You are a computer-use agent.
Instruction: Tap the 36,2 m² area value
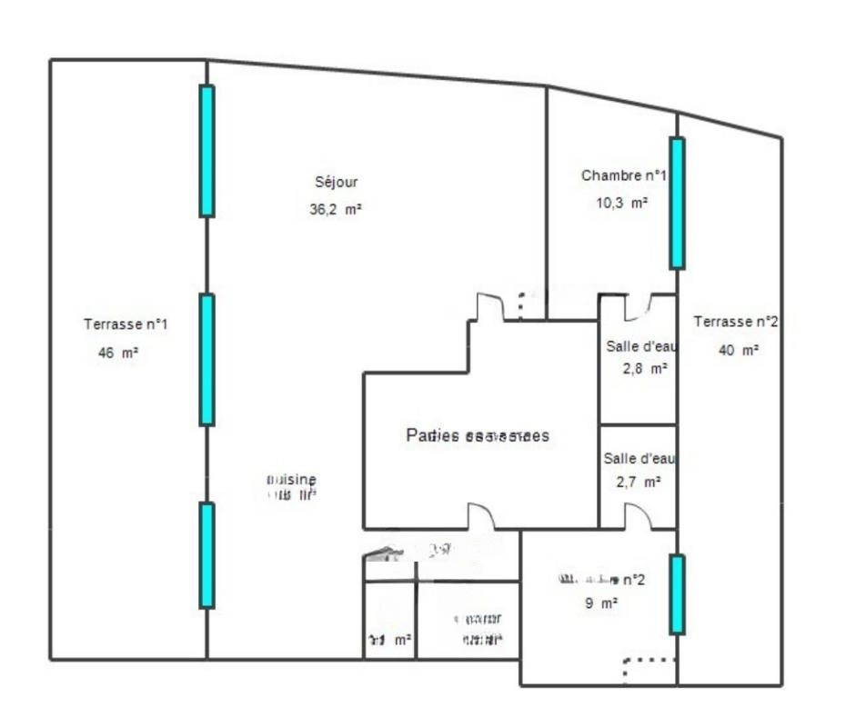click(x=336, y=208)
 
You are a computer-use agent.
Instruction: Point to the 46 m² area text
click(x=118, y=354)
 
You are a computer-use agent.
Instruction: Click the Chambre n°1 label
click(x=624, y=175)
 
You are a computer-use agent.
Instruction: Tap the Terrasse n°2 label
click(x=735, y=322)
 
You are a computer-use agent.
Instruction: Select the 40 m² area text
click(x=739, y=350)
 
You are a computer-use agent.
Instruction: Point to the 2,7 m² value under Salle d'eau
click(x=638, y=483)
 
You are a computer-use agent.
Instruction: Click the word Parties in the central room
click(x=432, y=435)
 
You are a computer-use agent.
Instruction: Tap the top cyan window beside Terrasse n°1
click(x=207, y=151)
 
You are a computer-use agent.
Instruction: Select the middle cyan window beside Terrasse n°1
click(x=207, y=360)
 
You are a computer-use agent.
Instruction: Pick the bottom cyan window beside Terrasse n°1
click(x=207, y=555)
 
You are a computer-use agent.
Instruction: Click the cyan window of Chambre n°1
click(x=677, y=203)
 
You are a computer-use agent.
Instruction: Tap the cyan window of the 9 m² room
click(x=677, y=594)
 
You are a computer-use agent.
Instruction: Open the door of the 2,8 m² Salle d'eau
click(x=637, y=307)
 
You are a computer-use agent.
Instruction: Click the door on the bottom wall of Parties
click(x=481, y=517)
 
